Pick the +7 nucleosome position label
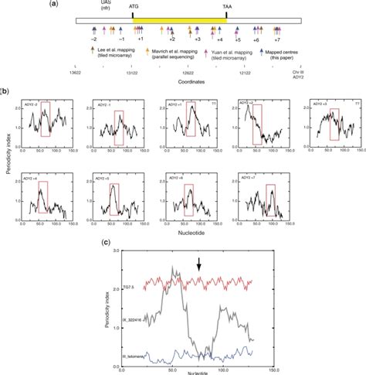tap(277, 38)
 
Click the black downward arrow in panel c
tap(199, 265)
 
